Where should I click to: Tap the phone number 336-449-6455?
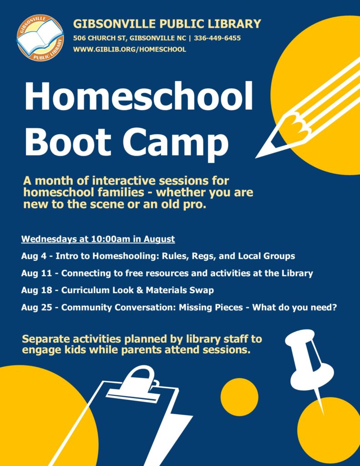tap(217, 38)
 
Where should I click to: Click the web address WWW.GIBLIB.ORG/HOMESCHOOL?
tap(130, 49)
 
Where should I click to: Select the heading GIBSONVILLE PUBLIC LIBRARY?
tap(167, 24)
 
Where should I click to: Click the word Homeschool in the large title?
tap(139, 96)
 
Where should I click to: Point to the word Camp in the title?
tap(175, 142)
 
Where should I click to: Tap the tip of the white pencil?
tap(257, 157)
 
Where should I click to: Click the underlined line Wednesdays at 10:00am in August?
tap(98, 239)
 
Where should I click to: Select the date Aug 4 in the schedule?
tap(34, 256)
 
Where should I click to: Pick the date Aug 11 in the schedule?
tap(36, 273)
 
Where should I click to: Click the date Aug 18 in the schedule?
tap(36, 290)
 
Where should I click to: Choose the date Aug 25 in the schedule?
tap(36, 307)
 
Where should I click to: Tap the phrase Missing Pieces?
tap(211, 307)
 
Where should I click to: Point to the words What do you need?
tap(294, 307)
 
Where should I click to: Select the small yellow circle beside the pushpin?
tap(239, 397)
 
